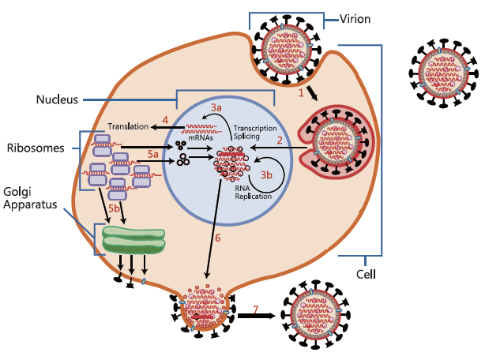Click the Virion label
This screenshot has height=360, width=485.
click(356, 19)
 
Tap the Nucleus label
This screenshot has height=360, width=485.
click(57, 99)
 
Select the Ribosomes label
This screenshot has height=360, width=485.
click(32, 148)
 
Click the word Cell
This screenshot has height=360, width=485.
click(365, 275)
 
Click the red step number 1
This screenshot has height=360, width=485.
click(301, 93)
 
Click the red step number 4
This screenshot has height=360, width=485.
click(165, 120)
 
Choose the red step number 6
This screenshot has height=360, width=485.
click(218, 236)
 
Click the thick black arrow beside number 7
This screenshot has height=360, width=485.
click(254, 317)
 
